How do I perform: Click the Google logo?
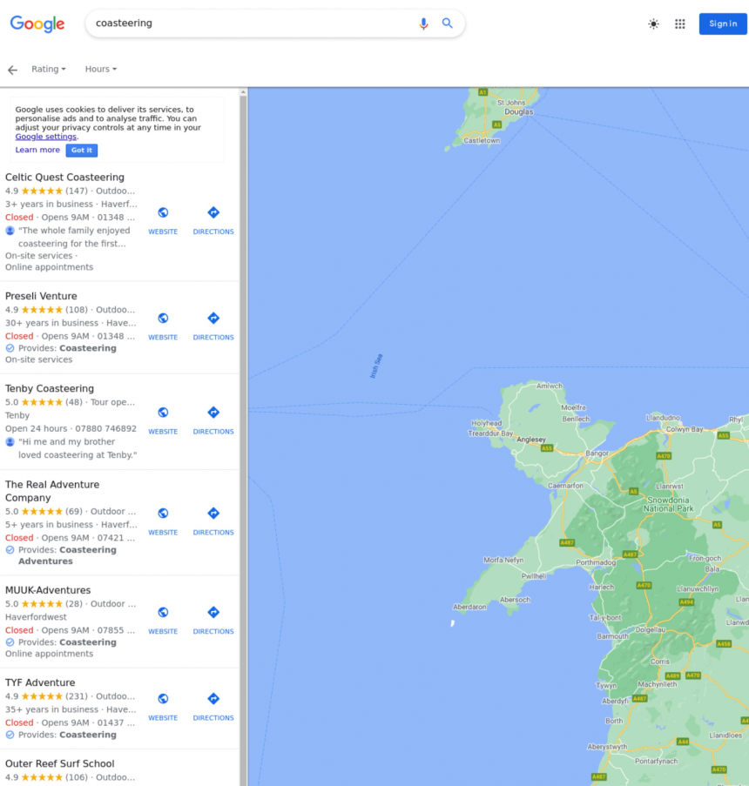click(37, 24)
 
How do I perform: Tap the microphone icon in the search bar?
click(423, 24)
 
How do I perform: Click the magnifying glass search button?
click(447, 24)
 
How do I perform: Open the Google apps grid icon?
click(680, 24)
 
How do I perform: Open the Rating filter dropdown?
click(48, 69)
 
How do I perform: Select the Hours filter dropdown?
click(100, 69)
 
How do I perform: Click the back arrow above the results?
click(12, 70)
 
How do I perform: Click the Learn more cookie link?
click(37, 150)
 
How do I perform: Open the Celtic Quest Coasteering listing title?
click(64, 178)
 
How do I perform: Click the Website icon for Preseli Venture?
click(163, 319)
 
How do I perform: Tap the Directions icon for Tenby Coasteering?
click(213, 413)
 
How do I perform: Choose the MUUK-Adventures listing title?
click(48, 590)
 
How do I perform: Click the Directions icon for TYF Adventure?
click(213, 699)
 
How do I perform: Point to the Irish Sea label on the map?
click(376, 366)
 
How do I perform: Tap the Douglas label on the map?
click(518, 112)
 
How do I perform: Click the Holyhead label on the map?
click(486, 424)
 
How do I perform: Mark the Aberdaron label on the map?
click(470, 607)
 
